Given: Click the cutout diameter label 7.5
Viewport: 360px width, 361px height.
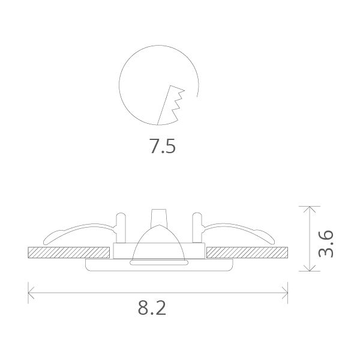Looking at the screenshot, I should coord(163,147).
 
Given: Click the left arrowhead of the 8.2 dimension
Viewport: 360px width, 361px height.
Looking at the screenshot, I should coord(31,293).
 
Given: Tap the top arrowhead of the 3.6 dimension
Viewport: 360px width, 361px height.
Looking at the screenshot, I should coord(309,208).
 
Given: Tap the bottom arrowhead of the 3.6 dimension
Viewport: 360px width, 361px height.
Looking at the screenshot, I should coord(309,270).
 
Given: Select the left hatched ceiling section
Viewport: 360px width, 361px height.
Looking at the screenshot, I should coord(69,252).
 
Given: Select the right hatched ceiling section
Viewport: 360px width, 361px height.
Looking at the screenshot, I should coord(248,252).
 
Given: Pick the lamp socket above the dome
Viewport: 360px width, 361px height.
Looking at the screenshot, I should coord(158,216).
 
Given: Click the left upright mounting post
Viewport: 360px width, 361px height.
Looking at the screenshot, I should coord(121,227).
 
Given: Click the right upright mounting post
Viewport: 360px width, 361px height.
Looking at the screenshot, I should coord(196,227).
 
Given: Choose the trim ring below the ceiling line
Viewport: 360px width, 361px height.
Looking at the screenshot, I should coord(158,264).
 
